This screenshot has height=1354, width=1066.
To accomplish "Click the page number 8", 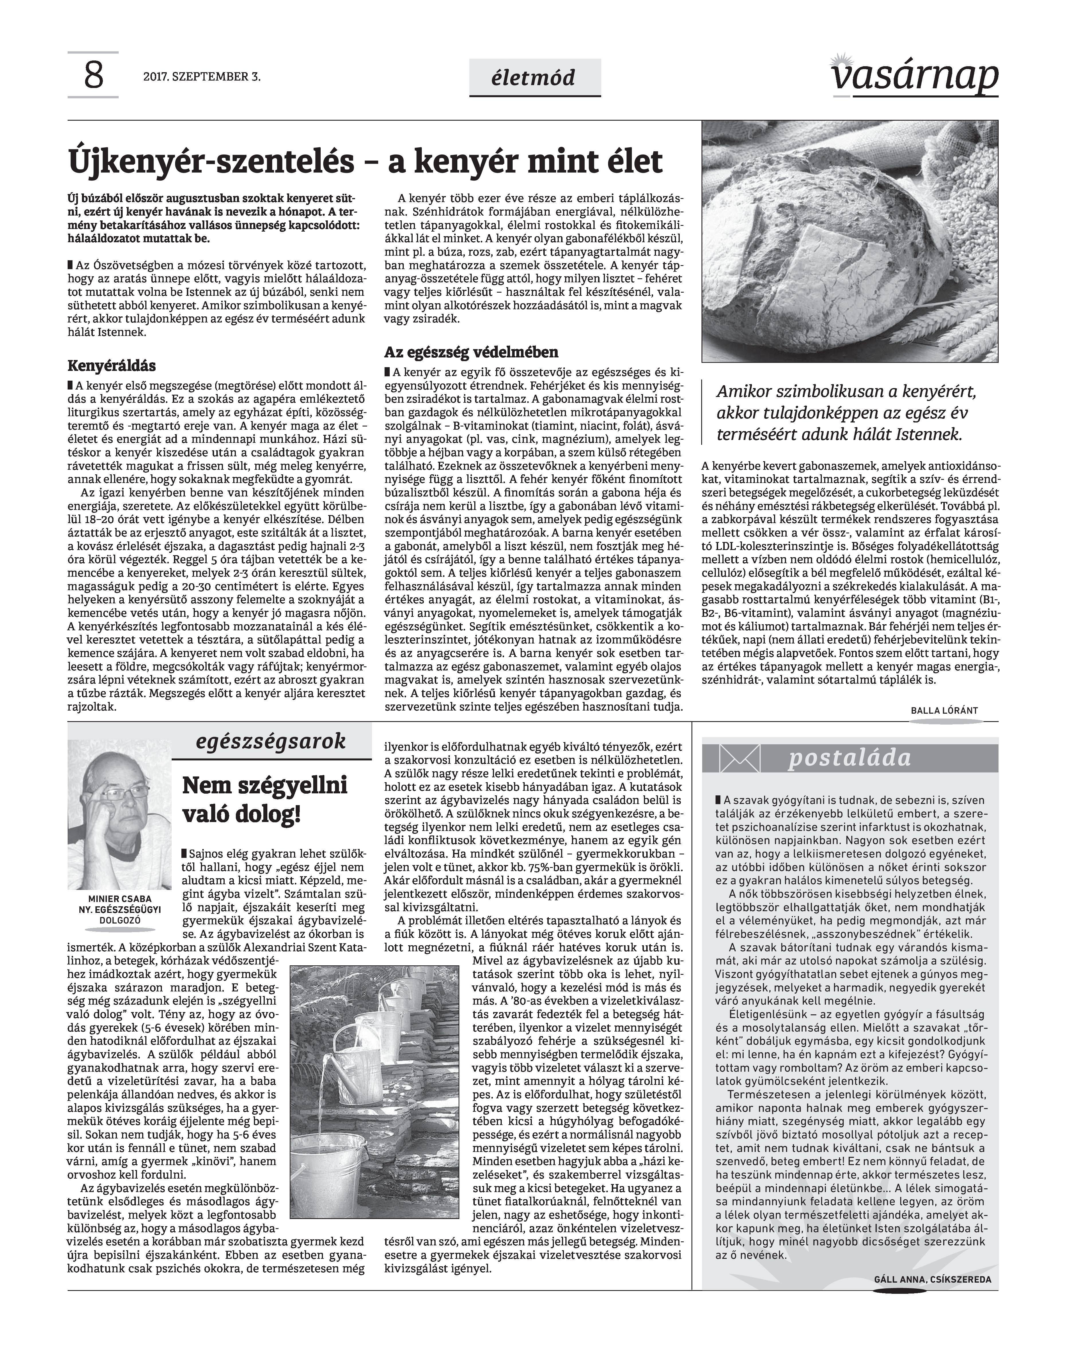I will coord(93,76).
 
